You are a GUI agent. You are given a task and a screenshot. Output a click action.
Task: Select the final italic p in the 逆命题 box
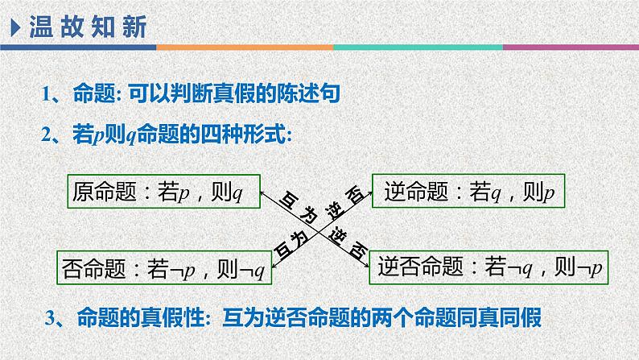[x=549, y=194]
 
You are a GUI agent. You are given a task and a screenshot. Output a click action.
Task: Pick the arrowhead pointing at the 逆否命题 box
[x=365, y=260]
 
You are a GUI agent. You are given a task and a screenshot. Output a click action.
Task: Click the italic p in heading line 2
[x=97, y=136]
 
